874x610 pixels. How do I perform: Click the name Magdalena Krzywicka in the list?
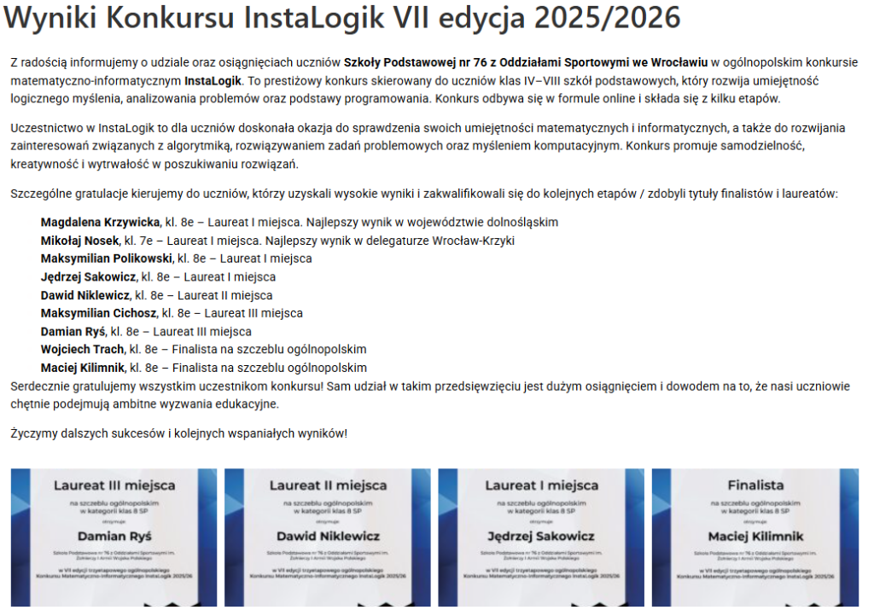click(x=101, y=222)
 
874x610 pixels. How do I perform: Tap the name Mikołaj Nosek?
click(x=80, y=241)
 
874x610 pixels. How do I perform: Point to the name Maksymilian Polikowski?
click(x=107, y=259)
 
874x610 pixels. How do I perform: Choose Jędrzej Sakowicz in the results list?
click(x=88, y=276)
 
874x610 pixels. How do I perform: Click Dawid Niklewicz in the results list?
click(x=85, y=295)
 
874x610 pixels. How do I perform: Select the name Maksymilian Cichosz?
click(x=99, y=313)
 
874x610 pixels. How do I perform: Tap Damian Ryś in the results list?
click(x=73, y=331)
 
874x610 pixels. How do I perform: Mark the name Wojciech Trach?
click(x=82, y=350)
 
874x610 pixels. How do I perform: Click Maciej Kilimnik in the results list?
click(x=83, y=368)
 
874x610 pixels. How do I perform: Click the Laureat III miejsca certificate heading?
click(x=114, y=485)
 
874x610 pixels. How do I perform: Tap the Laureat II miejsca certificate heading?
click(x=328, y=485)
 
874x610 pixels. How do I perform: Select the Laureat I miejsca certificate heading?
click(x=541, y=485)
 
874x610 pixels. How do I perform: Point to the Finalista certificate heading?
click(x=755, y=485)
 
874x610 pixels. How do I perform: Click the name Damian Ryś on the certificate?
click(x=114, y=537)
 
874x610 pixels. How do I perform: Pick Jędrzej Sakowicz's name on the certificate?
click(x=541, y=537)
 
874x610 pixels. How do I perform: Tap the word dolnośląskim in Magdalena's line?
click(x=521, y=222)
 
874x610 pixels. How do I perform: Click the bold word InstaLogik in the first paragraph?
click(x=213, y=81)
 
